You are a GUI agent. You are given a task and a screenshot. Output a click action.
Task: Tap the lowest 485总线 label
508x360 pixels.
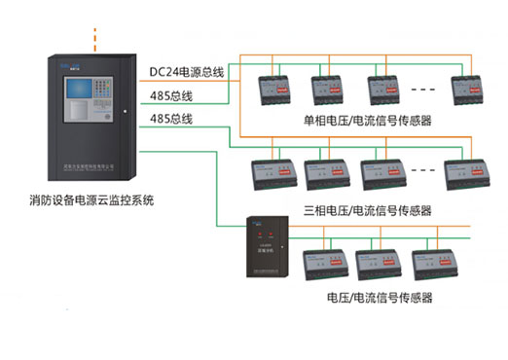[x=171, y=119]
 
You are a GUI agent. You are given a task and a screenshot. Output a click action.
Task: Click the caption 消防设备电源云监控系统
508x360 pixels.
[x=92, y=201]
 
